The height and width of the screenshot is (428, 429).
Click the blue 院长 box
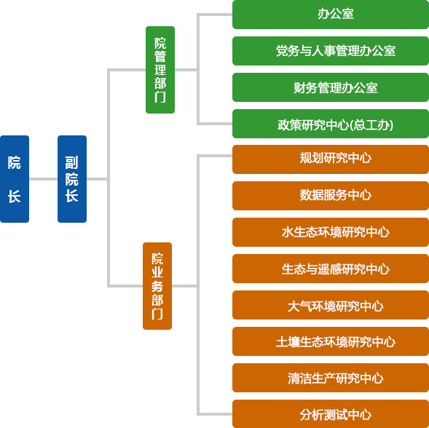[15, 179]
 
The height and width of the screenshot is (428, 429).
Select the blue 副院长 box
[72, 179]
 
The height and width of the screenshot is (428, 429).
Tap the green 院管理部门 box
[160, 70]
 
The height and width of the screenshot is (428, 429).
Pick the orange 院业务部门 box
[157, 286]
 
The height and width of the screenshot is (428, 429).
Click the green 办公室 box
[331, 15]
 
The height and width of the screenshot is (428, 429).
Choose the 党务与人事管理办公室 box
[331, 51]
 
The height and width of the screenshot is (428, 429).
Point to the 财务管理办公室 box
[331, 87]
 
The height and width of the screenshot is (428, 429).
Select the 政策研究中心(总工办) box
[331, 124]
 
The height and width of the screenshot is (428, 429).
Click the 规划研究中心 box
[331, 159]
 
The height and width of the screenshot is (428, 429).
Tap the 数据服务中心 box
[331, 196]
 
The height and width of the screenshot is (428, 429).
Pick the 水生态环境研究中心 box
[331, 232]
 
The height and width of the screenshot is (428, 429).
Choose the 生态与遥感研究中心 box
[331, 269]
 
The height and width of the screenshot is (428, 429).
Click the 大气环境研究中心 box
[331, 305]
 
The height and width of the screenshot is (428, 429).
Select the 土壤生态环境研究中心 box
[331, 341]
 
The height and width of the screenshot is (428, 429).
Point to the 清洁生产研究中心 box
[331, 377]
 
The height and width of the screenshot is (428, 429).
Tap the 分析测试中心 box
[331, 413]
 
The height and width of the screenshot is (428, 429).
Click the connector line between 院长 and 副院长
[43, 179]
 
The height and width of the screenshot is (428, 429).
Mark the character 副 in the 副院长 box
[71, 163]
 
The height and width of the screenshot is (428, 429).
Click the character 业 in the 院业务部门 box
[157, 272]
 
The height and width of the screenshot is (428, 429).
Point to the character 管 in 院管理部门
[160, 56]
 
